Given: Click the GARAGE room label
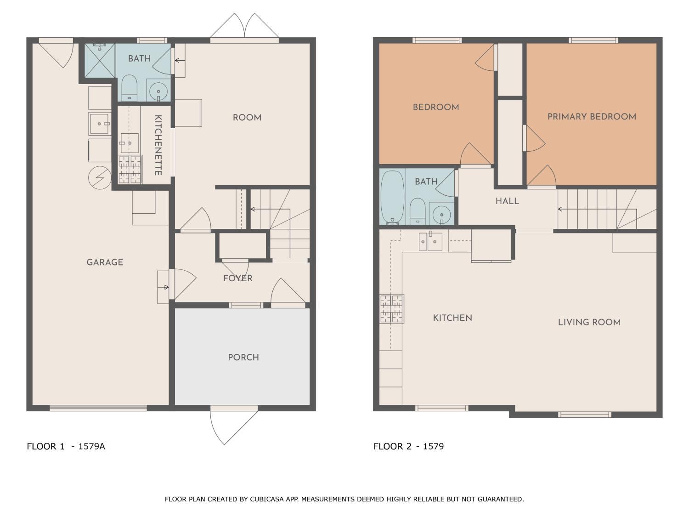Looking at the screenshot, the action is coord(105,262).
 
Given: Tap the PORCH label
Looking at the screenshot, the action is coord(243,357).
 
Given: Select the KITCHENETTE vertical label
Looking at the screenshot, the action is coord(158,145).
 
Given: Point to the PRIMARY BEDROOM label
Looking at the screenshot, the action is coord(592,116).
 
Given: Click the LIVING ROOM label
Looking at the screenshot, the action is coord(589,322).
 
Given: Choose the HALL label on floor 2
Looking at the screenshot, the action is coord(507,201).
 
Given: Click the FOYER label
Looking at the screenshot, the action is coord(237,278).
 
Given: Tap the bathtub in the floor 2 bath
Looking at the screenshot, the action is coord(392,198).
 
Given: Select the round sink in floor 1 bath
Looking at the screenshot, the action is coord(158,91).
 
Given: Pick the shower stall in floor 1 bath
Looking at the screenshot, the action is coord(100,60).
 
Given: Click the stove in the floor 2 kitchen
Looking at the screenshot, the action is coord(392,309).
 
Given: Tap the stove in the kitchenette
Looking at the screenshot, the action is coord(130,169).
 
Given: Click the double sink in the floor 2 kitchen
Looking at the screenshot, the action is coord(431,241).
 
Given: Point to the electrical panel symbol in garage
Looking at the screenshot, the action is coord(100,178).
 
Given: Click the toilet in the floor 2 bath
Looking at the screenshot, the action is coord(418,211).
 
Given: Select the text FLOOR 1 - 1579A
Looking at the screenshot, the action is coord(66,446).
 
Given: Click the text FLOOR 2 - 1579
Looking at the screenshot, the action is coord(409,446).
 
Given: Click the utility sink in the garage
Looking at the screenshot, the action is coord(100,124).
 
